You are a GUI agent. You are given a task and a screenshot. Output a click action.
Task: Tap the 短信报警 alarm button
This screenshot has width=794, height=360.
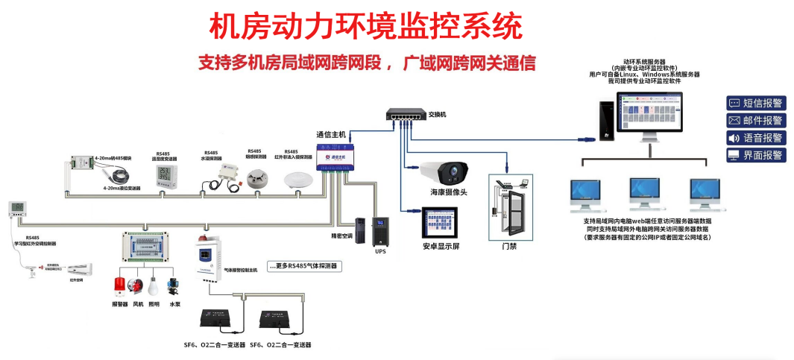coord(756,103)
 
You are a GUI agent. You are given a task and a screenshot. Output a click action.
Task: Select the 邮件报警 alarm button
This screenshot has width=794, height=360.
coord(756,120)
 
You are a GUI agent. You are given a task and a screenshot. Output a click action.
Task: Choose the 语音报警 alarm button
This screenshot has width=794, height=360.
coord(756,138)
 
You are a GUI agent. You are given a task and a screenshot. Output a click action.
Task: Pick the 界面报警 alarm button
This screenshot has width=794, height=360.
coord(756,155)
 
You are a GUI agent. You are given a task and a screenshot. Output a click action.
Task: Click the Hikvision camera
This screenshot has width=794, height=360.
coord(447,173)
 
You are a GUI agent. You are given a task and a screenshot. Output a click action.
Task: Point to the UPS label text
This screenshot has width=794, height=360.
coord(380,251)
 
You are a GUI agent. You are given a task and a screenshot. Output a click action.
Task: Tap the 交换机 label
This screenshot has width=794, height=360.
coord(438,115)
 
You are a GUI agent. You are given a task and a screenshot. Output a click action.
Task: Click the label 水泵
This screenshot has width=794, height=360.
coord(174,304)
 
